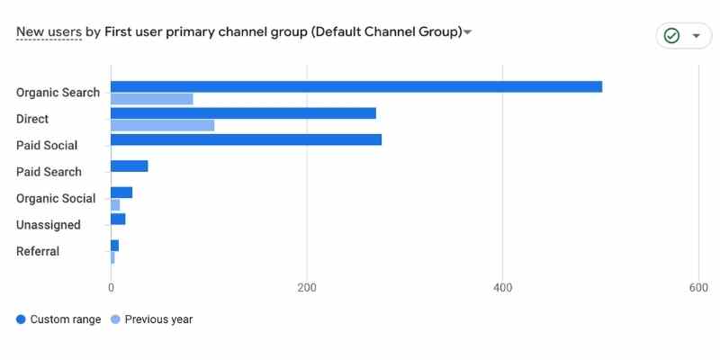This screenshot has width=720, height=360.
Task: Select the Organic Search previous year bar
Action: (152, 99)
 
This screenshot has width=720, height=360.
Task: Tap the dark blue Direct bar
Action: (243, 113)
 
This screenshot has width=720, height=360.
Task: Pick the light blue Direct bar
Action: (163, 125)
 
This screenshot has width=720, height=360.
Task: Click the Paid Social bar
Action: (246, 139)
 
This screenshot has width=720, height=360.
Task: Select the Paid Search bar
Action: (129, 166)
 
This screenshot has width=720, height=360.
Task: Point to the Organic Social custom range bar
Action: (121, 193)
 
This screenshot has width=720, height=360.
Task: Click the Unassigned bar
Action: (118, 219)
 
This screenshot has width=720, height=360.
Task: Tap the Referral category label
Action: (38, 251)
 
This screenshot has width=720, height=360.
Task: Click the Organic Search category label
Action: (58, 93)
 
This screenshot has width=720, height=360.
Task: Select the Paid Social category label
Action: (47, 146)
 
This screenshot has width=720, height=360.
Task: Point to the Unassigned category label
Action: (49, 225)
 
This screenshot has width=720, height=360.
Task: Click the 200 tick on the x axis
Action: (307, 288)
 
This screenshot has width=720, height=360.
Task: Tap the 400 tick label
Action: (503, 288)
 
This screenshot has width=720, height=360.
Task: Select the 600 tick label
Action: (698, 288)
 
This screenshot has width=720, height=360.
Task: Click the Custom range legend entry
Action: (59, 319)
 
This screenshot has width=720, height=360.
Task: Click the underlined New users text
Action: (49, 32)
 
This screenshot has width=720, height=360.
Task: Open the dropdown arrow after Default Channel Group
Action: (467, 33)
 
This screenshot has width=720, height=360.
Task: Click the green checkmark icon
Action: (671, 36)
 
